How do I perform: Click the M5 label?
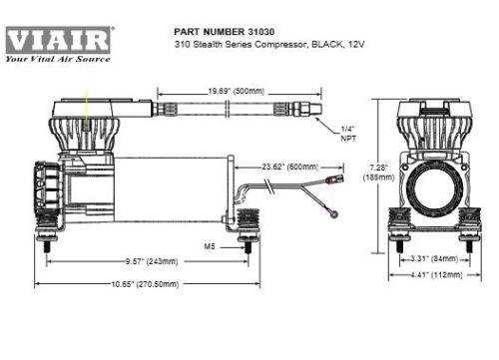211,243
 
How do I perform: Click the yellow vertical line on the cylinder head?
87,106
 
